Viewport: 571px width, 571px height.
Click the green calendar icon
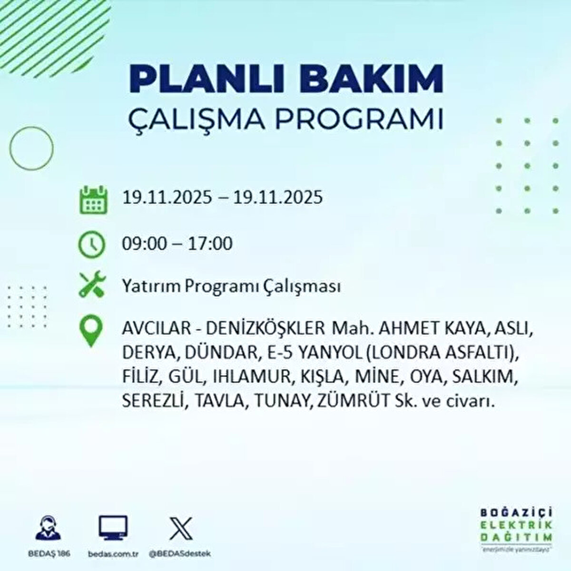[x=91, y=199]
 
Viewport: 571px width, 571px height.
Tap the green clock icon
[x=91, y=244]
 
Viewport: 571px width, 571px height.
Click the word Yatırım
[x=151, y=287]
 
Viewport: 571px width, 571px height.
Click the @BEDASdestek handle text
[x=180, y=554]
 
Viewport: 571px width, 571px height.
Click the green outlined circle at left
[x=31, y=148]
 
